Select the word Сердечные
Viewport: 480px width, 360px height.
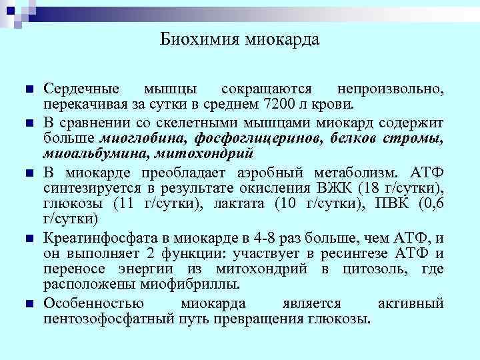[x=81, y=89]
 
